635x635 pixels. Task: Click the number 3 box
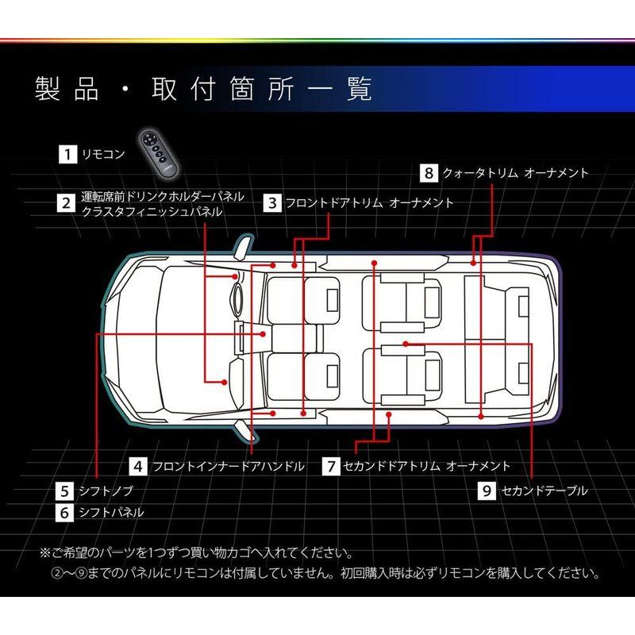click(272, 202)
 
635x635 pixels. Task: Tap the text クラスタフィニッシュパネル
click(152, 212)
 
